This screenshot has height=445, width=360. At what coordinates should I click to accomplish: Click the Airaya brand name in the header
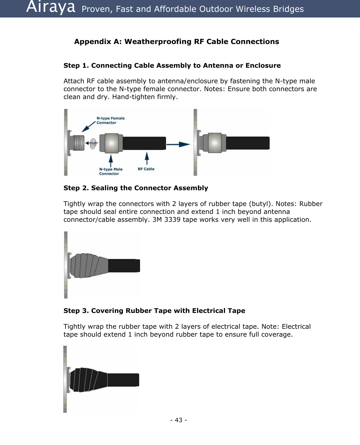pyautogui.click(x=51, y=8)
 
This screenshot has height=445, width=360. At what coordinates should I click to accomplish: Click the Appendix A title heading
pyautogui.click(x=176, y=42)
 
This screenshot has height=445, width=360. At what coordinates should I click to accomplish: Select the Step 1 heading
pyautogui.click(x=172, y=66)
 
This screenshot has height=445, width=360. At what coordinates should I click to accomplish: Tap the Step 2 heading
pyautogui.click(x=136, y=188)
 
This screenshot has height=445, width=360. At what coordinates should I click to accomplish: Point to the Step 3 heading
pyautogui.click(x=154, y=311)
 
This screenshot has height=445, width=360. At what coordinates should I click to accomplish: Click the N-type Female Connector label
pyautogui.click(x=110, y=120)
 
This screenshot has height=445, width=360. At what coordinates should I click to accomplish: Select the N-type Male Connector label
pyautogui.click(x=111, y=171)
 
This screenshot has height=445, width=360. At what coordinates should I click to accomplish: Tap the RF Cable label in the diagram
pyautogui.click(x=146, y=169)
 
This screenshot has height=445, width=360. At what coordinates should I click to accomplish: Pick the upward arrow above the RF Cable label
pyautogui.click(x=147, y=158)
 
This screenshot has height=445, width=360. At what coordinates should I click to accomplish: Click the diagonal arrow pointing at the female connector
pyautogui.click(x=89, y=126)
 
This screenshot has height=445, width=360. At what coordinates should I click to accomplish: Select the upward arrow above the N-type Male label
pyautogui.click(x=111, y=160)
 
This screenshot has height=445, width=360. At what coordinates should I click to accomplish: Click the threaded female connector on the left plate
pyautogui.click(x=79, y=143)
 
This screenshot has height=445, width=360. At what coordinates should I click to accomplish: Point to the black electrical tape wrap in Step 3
pyautogui.click(x=88, y=380)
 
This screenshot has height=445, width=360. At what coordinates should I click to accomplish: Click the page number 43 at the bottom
pyautogui.click(x=178, y=420)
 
